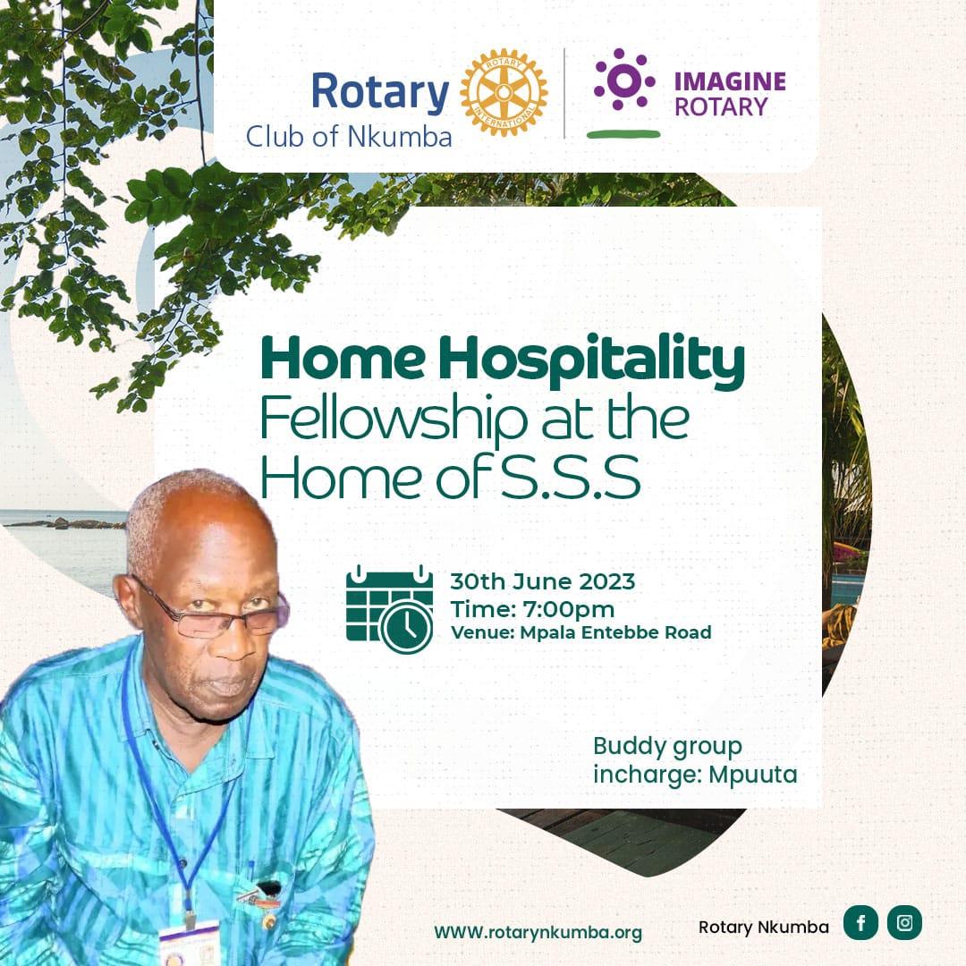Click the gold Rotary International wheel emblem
point(504,93)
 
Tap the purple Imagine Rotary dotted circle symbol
point(624,80)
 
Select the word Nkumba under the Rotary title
point(410,138)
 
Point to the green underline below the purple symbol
point(623,134)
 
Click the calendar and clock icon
point(389,608)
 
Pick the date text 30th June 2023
point(542,581)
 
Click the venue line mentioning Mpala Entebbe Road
point(581,633)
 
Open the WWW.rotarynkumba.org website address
point(538,932)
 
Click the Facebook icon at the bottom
point(860,923)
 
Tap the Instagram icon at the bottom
point(904,923)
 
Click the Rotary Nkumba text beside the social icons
point(763,927)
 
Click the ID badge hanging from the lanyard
point(189,944)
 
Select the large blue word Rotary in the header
point(380,92)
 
